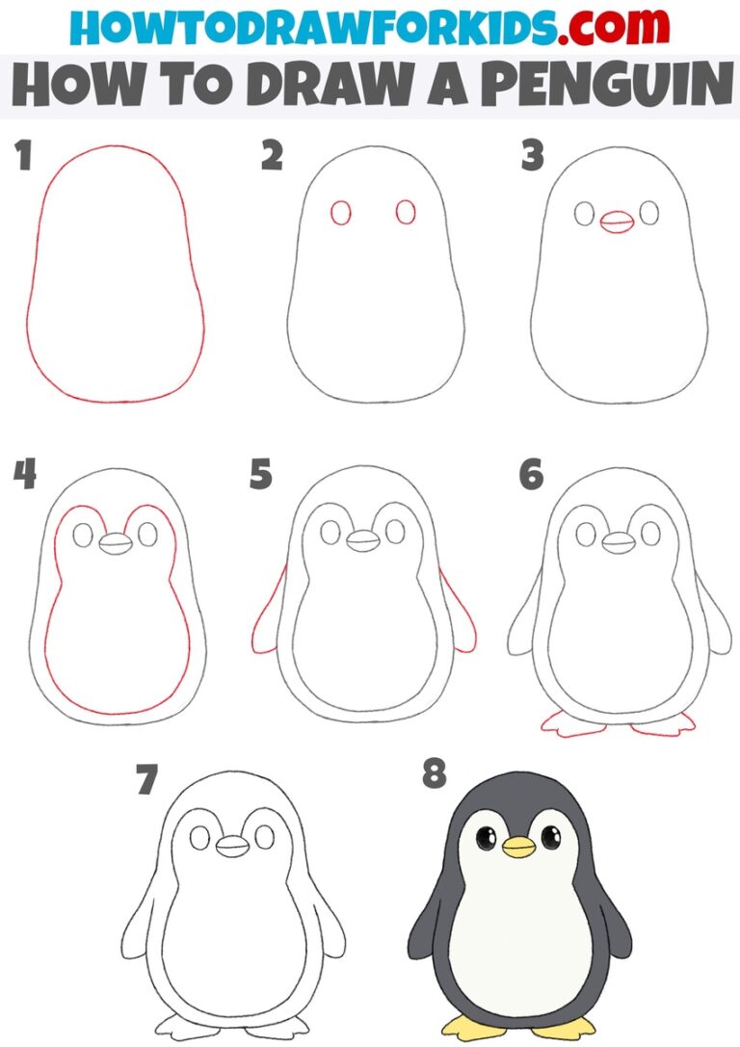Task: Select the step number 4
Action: tap(24, 474)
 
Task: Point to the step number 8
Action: tap(436, 773)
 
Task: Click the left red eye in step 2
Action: tap(340, 212)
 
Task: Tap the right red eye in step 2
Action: tap(406, 212)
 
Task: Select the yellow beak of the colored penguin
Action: tap(518, 847)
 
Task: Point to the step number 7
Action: tap(146, 778)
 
